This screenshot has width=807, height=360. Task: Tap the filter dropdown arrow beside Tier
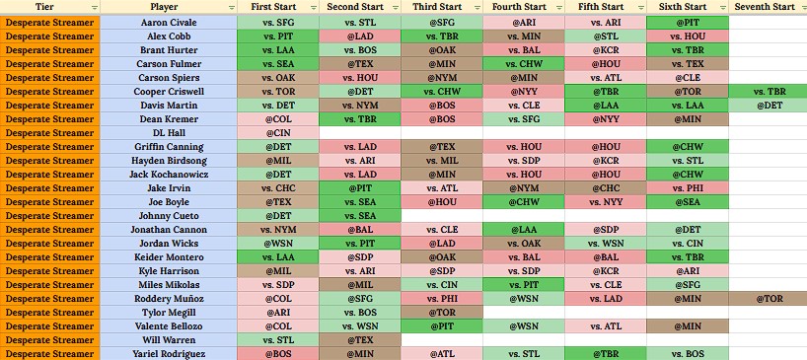[x=94, y=8]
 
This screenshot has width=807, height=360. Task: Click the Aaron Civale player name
[x=169, y=23]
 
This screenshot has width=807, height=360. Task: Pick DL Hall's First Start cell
[x=278, y=133]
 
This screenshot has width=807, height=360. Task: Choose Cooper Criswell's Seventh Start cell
[x=768, y=92]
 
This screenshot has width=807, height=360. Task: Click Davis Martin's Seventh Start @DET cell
[x=768, y=106]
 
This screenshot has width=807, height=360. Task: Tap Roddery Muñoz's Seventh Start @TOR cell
[x=768, y=299]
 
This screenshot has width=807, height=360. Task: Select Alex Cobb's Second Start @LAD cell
[x=360, y=36]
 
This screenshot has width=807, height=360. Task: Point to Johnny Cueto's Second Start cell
[x=360, y=216]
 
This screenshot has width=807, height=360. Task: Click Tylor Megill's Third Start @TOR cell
[x=442, y=313]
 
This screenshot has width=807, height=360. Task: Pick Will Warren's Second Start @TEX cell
[x=360, y=340]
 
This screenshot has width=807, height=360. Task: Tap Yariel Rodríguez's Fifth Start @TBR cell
[x=606, y=354]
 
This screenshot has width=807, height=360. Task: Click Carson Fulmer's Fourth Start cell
[x=524, y=64]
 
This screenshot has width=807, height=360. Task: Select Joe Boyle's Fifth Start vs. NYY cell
[x=606, y=202]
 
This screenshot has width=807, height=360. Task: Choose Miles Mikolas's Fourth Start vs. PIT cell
[x=524, y=285]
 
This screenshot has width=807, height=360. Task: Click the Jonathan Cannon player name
[x=169, y=230]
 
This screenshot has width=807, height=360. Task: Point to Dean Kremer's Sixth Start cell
[x=687, y=119]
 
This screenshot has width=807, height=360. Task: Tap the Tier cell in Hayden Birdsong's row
[x=50, y=161]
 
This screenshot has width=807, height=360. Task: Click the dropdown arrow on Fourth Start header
[x=559, y=8]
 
